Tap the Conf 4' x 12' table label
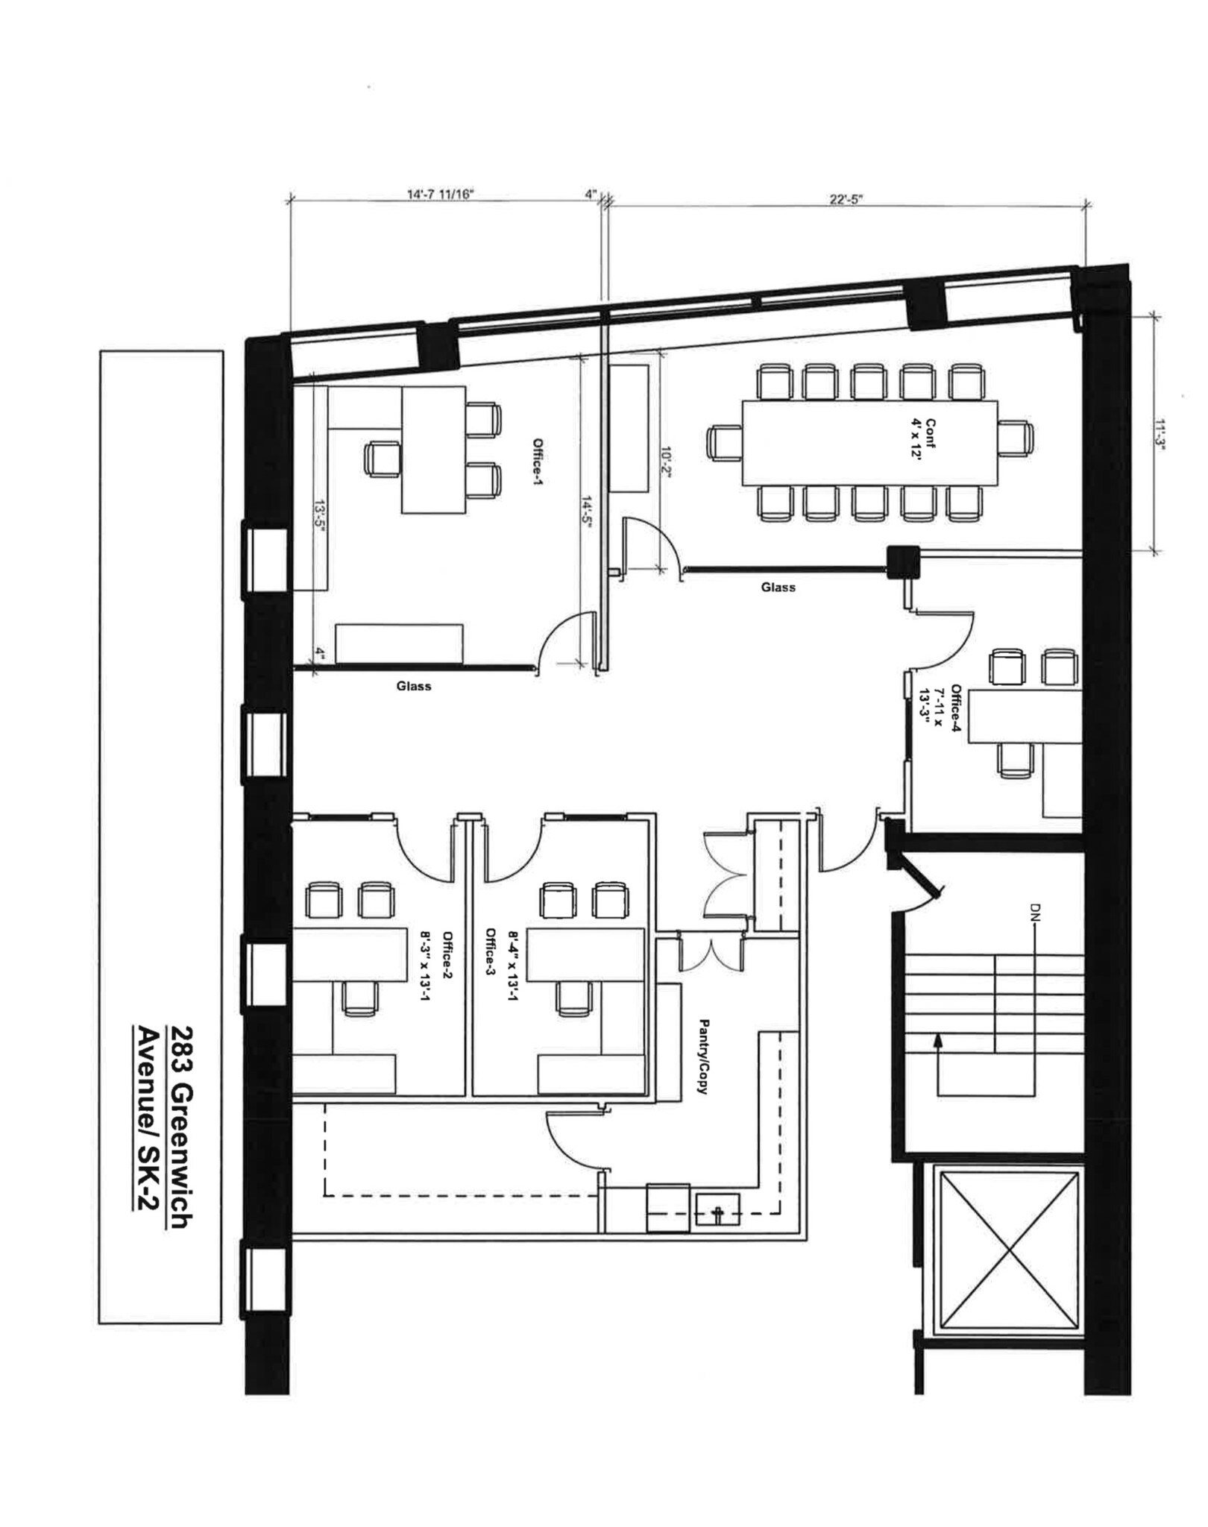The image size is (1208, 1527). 923,439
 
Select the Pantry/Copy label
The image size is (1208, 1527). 702,1056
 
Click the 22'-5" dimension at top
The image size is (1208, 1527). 846,199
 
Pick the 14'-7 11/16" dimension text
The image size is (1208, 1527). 440,195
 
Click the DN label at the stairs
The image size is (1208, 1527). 1035,910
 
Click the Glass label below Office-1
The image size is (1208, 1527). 413,686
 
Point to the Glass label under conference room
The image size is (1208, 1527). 778,588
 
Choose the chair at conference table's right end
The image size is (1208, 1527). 1016,438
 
